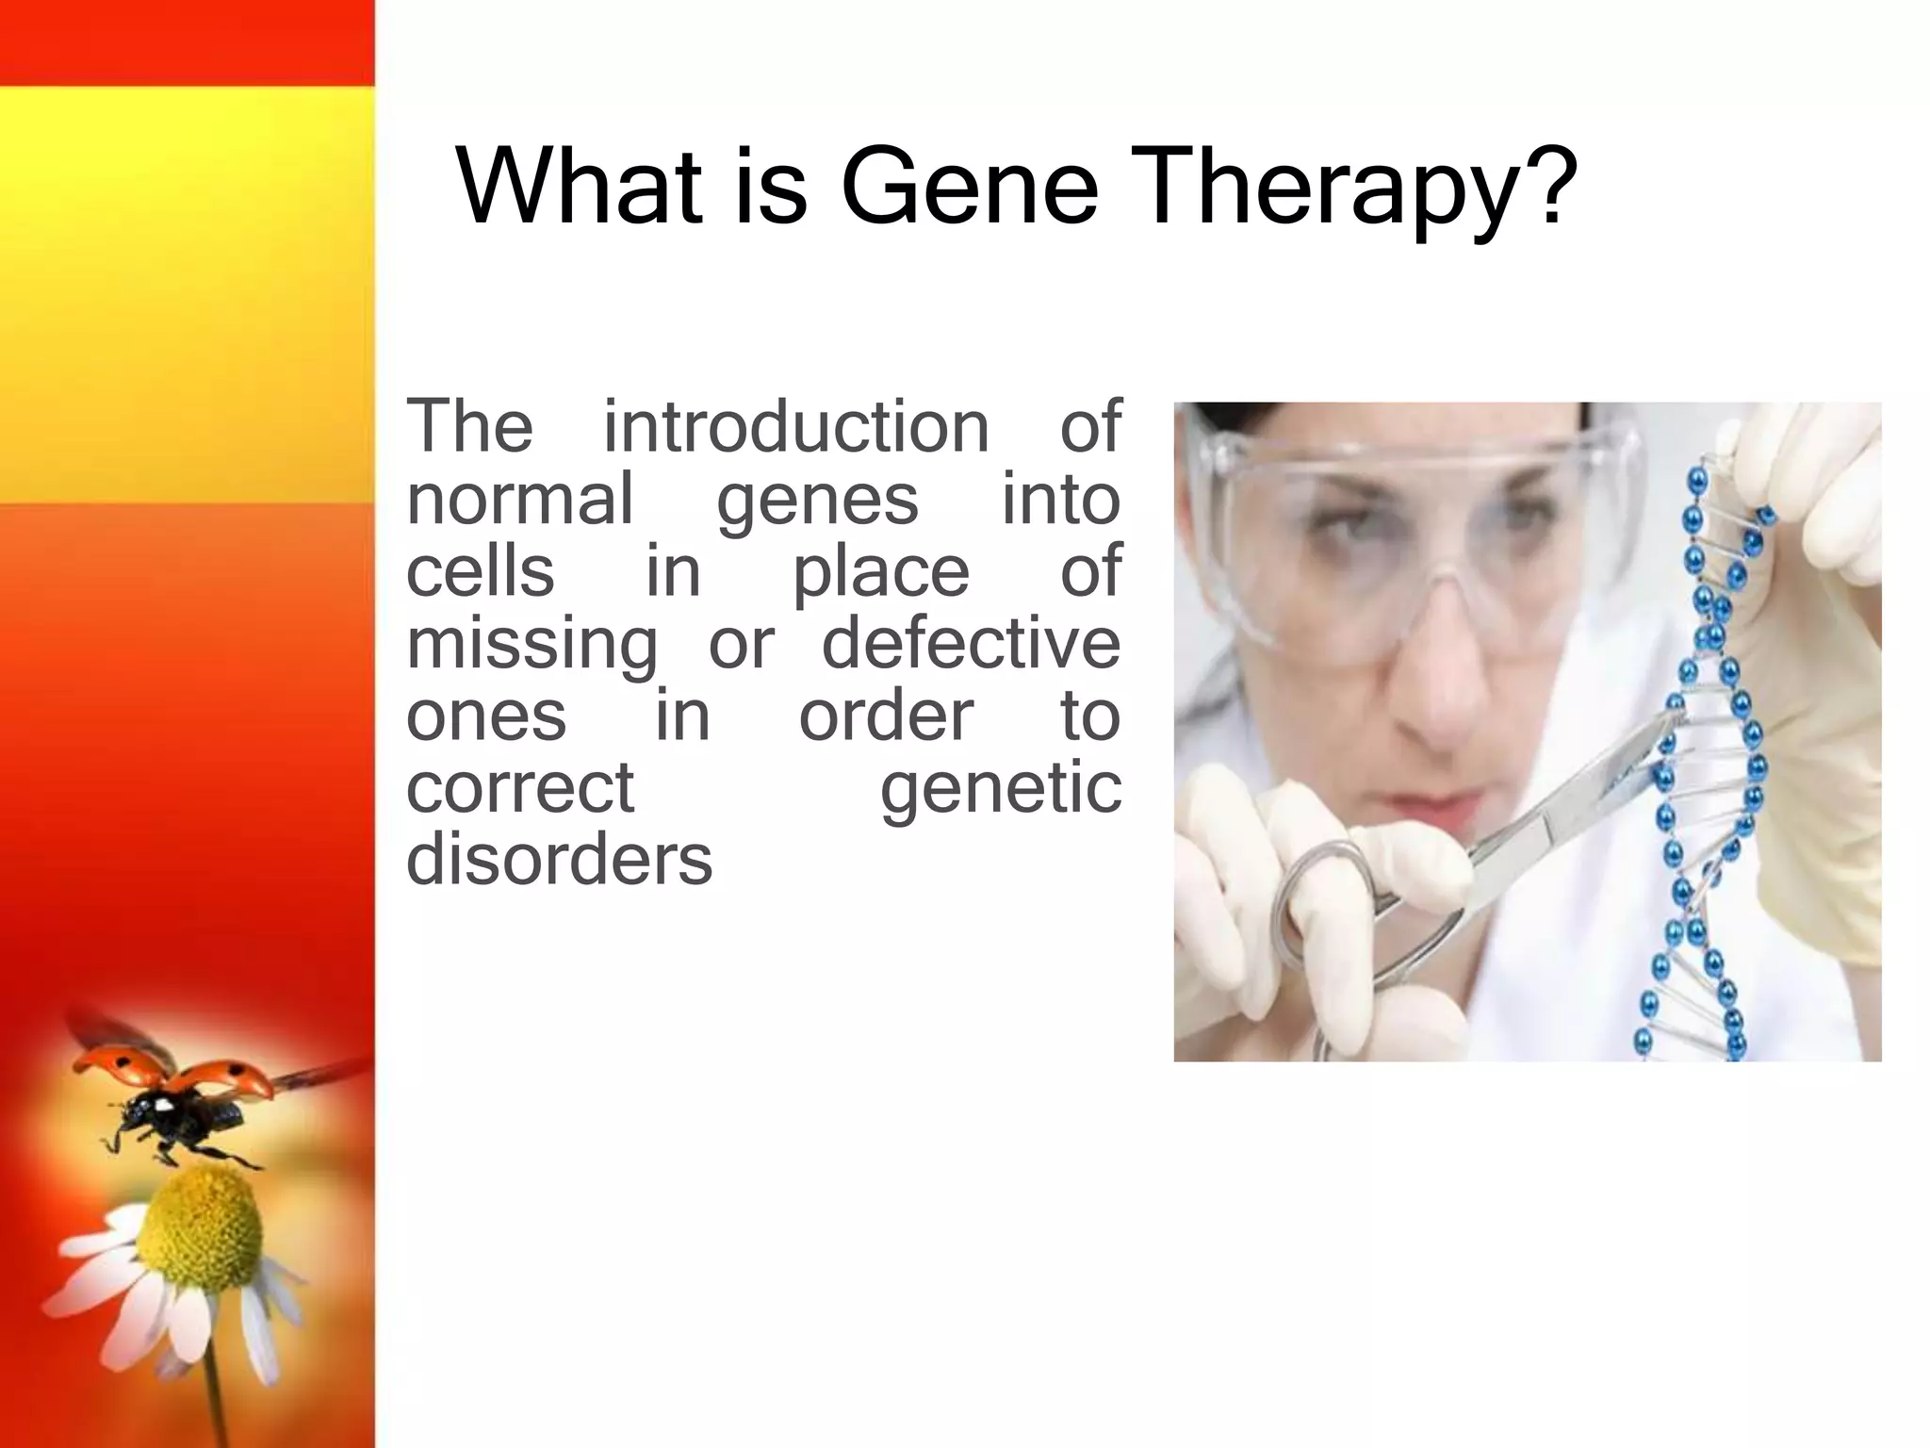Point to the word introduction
pyautogui.click(x=796, y=426)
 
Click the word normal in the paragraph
pyautogui.click(x=519, y=499)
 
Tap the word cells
pyautogui.click(x=480, y=571)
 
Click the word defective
pyautogui.click(x=972, y=643)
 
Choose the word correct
pyautogui.click(x=520, y=788)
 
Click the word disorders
pyautogui.click(x=559, y=860)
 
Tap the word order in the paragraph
pyautogui.click(x=886, y=716)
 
